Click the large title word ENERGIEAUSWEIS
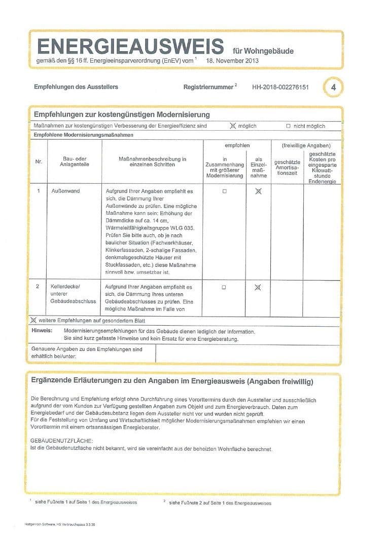(x=130, y=47)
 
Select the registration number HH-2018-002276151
(x=280, y=87)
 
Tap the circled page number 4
(x=333, y=87)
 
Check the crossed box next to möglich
(x=233, y=126)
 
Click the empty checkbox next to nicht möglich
(x=288, y=126)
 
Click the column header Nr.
(x=39, y=162)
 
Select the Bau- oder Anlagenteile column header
(x=75, y=162)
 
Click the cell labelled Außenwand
(x=66, y=191)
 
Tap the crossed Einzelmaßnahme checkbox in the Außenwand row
(x=258, y=191)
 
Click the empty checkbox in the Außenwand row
(x=224, y=191)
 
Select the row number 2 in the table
(x=38, y=287)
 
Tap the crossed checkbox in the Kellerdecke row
(x=258, y=287)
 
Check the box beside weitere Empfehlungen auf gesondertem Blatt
(x=34, y=321)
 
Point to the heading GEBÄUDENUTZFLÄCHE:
(x=62, y=442)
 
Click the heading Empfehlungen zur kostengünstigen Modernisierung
(x=121, y=114)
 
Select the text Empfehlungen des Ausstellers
(x=76, y=87)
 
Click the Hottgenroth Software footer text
(x=59, y=524)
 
